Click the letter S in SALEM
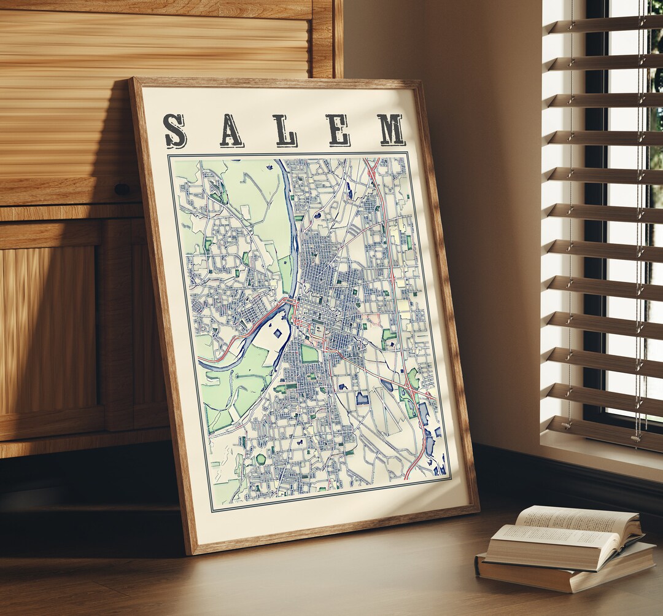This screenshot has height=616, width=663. coord(176,131)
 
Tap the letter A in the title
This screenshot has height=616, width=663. coord(231,131)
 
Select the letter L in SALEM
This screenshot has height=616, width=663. coord(285,130)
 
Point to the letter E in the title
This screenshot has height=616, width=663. coord(338,130)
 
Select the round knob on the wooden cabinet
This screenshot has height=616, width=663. coord(122,189)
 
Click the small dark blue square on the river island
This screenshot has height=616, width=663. coord(277,332)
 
